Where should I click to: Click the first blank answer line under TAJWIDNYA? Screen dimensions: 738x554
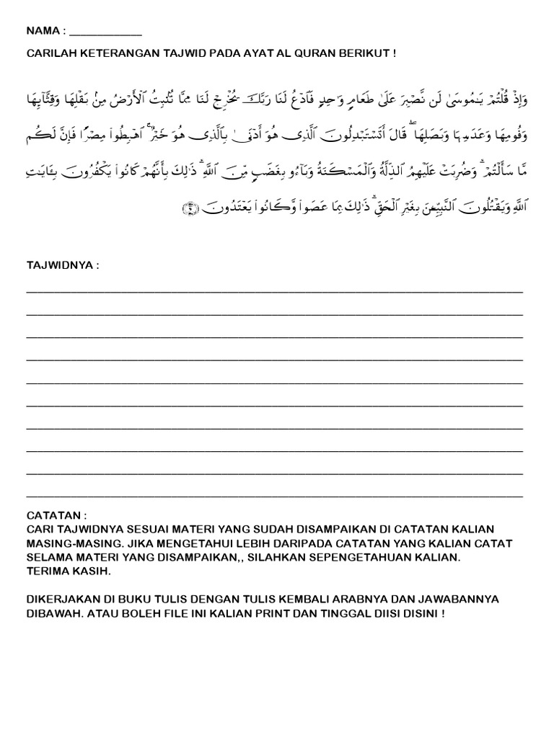(x=274, y=292)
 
